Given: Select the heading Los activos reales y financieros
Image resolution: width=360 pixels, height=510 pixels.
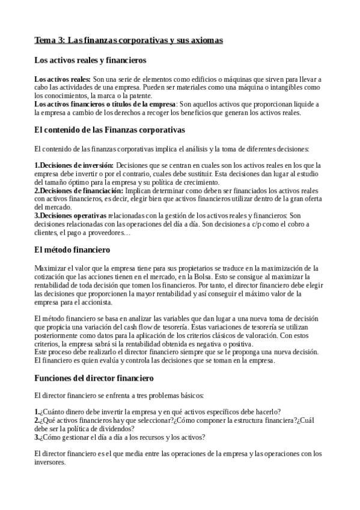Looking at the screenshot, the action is click(91, 60).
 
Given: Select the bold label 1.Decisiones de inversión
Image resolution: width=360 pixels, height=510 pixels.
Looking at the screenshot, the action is click(74, 165).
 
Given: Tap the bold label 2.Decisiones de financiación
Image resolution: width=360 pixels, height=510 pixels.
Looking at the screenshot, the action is click(78, 190).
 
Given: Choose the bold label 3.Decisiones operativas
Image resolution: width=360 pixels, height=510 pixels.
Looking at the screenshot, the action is click(71, 215).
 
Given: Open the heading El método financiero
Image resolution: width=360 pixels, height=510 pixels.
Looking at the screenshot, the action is click(73, 248).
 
